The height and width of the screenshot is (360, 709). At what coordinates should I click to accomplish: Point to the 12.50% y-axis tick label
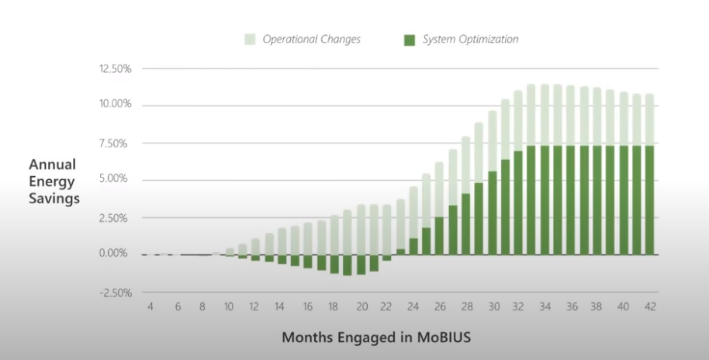115,69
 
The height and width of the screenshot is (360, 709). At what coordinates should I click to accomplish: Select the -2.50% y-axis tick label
115,292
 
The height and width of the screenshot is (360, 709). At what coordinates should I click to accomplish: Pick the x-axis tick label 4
150,306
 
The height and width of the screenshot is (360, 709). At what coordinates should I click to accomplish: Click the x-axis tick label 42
650,306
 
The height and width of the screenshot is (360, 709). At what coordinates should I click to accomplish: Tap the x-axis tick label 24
413,306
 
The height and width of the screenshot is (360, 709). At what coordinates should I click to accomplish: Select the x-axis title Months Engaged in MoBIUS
376,337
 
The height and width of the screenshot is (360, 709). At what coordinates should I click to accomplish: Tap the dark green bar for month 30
492,213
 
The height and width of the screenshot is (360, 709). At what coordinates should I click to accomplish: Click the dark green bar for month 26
439,236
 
